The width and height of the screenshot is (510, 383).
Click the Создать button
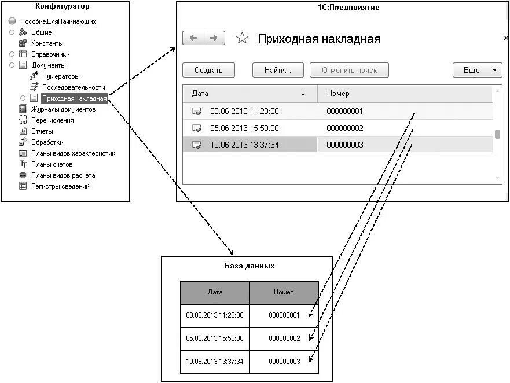[x=208, y=71]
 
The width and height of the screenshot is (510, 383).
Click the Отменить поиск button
[x=349, y=71]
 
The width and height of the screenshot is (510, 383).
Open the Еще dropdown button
[x=477, y=71]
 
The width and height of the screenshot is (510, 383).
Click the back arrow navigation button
[x=193, y=38]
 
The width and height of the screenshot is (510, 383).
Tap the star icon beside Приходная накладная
[x=243, y=39]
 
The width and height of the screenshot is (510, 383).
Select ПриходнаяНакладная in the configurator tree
[x=74, y=98]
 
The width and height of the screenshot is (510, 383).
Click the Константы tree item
[x=47, y=43]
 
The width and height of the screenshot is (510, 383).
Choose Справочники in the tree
[x=50, y=54]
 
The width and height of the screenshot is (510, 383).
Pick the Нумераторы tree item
[x=61, y=76]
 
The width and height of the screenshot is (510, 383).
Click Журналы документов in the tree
[x=63, y=109]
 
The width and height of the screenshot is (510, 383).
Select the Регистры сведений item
[x=60, y=186]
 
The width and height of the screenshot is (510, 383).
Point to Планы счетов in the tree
[x=52, y=164]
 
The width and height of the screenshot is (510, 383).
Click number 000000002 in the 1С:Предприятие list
[x=344, y=128]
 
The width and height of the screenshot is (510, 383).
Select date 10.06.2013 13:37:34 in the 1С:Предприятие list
[x=244, y=145]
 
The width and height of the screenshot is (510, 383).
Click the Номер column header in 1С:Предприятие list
[x=338, y=93]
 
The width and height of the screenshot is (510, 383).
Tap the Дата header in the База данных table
[x=215, y=293]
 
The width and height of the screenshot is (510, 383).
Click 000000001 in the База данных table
[x=284, y=315]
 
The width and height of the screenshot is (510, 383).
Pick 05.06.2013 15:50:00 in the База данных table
[x=215, y=338]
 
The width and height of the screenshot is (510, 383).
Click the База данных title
[x=249, y=266]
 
